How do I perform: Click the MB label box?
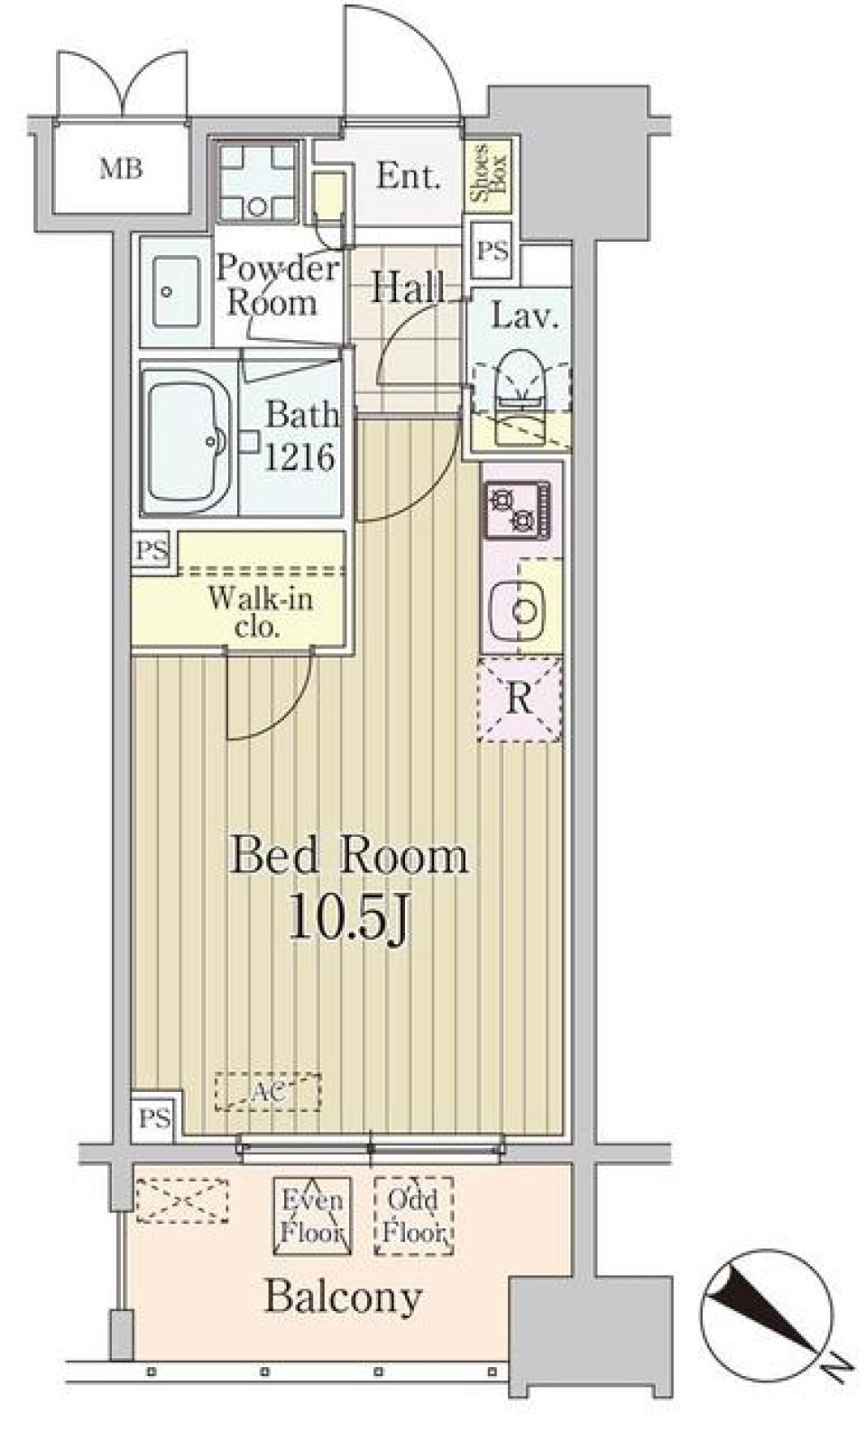tap(121, 169)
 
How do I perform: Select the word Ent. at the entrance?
tap(408, 176)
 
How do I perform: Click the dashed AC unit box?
tap(268, 1092)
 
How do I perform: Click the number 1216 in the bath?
tap(299, 456)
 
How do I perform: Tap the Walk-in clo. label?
tap(259, 611)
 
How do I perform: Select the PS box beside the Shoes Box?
tap(492, 251)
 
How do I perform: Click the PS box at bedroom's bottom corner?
tap(154, 1118)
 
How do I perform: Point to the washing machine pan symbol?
tap(258, 181)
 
